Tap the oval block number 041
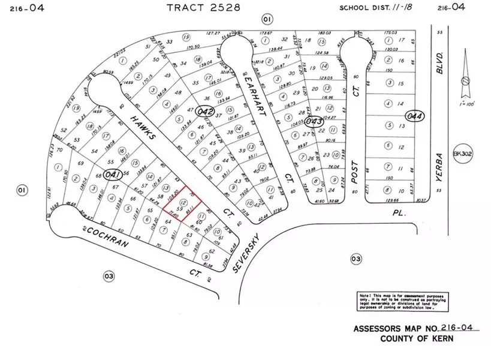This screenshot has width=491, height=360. (112, 175)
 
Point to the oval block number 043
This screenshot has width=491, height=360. (313, 121)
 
